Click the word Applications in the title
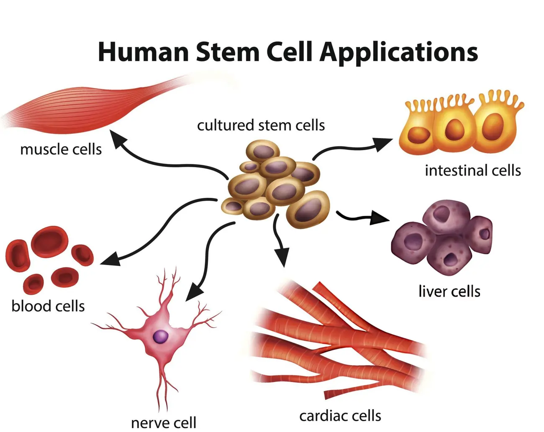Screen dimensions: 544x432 399,53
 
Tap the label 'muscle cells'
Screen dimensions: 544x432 61,149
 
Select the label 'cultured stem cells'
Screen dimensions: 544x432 261,125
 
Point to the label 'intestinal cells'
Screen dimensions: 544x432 473,170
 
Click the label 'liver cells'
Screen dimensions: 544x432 449,291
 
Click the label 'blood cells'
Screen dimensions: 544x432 48,306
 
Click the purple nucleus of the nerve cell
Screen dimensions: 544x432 161,337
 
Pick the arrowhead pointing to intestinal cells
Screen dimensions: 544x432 382,144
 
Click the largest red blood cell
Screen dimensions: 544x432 49,242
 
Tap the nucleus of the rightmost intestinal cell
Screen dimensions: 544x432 493,126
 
